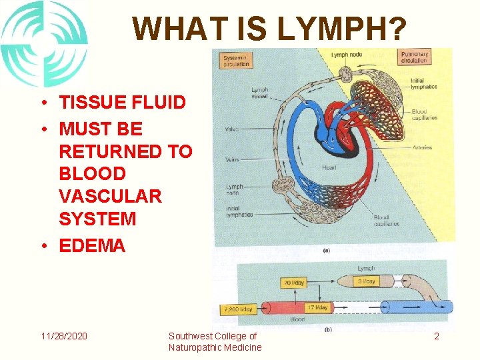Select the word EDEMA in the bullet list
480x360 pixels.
pos(92,245)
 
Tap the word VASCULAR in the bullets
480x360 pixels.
pos(110,196)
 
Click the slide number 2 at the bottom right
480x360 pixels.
pos(437,337)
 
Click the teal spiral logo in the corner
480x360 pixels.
pos(43,43)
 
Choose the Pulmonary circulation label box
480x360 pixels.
pos(414,57)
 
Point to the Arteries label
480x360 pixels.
pos(421,147)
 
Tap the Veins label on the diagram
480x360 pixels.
pos(232,159)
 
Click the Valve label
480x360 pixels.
pos(233,129)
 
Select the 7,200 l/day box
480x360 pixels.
pos(238,309)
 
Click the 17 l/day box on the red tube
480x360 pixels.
pos(317,307)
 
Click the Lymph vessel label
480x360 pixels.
pos(260,93)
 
